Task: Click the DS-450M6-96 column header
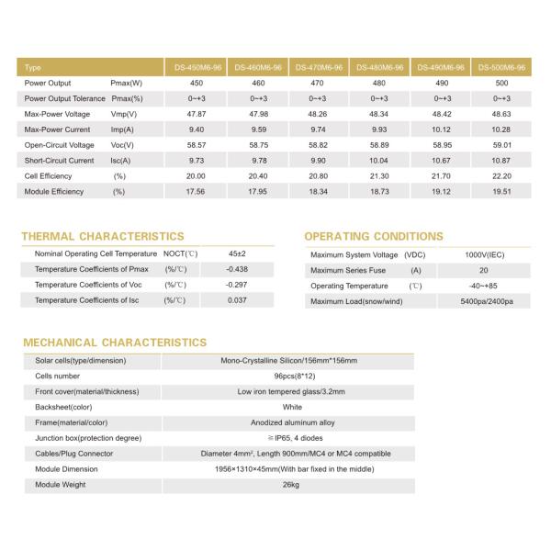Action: (194, 68)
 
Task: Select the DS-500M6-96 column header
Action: (502, 68)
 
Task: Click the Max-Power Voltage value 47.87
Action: (194, 114)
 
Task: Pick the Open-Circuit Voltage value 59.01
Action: (502, 145)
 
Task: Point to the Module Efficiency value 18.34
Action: (317, 191)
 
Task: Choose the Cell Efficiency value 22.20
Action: (502, 175)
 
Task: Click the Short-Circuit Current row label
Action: (59, 161)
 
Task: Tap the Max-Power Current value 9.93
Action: (379, 129)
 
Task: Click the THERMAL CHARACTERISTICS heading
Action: (102, 236)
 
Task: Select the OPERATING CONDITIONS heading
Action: (373, 236)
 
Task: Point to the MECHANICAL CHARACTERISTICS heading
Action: (114, 343)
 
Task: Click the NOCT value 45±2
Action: (237, 253)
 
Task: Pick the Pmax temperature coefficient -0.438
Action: (237, 269)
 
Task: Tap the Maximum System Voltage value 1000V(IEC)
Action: (483, 254)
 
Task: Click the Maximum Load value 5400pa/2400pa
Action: (483, 301)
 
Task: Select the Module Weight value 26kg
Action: (291, 485)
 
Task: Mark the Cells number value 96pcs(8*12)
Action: (291, 376)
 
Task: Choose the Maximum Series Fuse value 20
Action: (483, 270)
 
